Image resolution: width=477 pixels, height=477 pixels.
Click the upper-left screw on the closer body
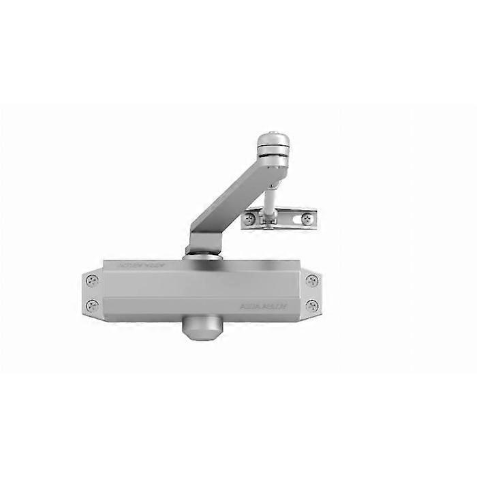click(93, 280)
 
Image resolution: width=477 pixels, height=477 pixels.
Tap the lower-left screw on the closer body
click(93, 305)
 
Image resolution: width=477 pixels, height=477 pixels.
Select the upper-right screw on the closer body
click(311, 280)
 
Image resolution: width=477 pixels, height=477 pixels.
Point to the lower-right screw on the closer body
click(311, 305)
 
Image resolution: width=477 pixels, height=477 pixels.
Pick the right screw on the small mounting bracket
click(307, 219)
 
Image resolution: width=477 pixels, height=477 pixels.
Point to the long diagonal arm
click(228, 194)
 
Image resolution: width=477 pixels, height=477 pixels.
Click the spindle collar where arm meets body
click(202, 255)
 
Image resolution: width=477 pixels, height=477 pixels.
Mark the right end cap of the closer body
click(313, 292)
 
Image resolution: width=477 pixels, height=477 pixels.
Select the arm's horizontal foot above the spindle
click(204, 243)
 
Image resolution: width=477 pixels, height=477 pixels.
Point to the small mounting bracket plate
click(279, 218)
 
